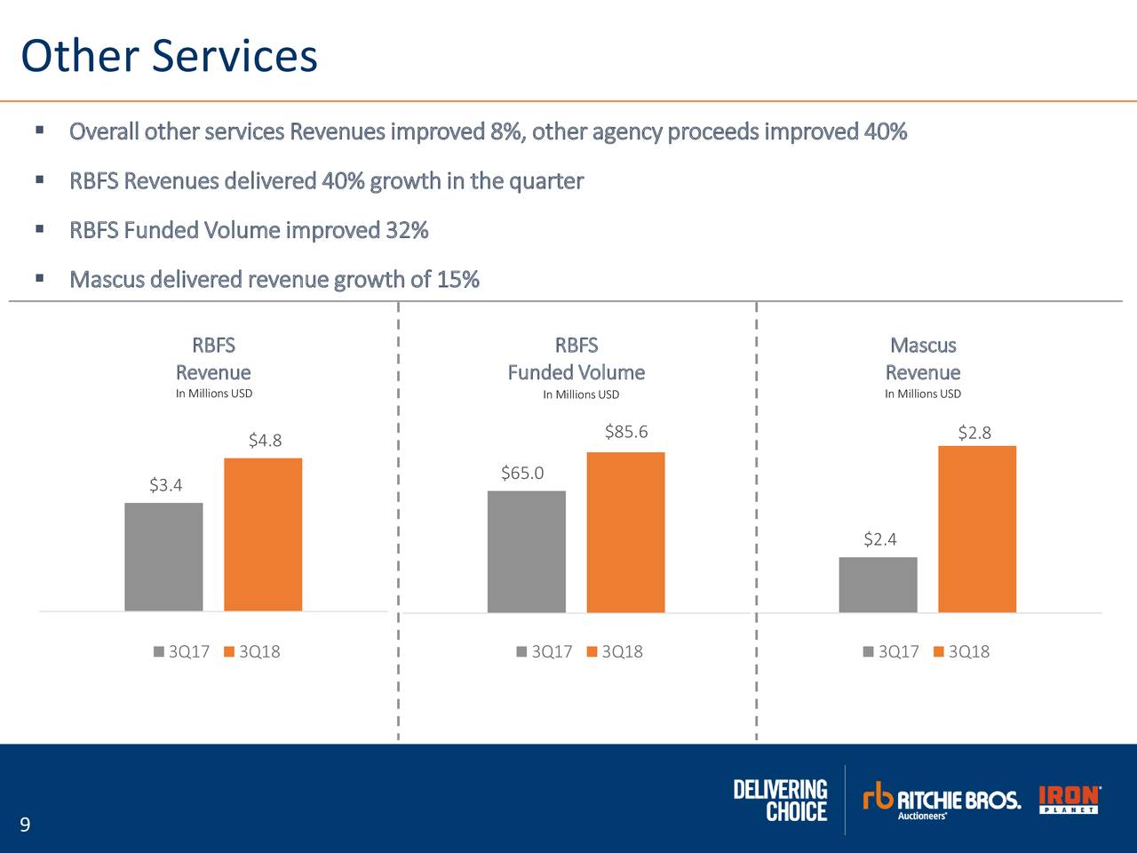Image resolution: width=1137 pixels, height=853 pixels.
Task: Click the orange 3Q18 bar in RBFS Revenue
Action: [263, 534]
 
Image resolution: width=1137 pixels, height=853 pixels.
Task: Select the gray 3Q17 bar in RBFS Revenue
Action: [163, 557]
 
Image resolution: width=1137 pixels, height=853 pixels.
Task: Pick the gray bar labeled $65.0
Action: [526, 551]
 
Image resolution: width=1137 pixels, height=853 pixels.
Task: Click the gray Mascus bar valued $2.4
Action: [878, 585]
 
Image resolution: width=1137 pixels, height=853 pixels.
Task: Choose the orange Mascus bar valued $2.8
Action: [977, 529]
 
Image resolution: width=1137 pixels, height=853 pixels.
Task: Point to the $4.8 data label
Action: [265, 441]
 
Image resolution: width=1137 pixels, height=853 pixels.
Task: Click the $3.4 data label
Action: [165, 485]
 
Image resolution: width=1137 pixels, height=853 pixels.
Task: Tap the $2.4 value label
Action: [879, 539]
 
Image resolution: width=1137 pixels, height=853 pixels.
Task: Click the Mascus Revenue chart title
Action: [923, 359]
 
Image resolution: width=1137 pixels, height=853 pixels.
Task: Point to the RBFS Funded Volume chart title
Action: [576, 359]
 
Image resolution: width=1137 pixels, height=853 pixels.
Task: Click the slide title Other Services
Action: [169, 55]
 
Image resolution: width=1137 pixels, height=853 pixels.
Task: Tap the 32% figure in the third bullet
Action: [407, 230]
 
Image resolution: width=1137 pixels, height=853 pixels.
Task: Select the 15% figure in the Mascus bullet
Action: [457, 280]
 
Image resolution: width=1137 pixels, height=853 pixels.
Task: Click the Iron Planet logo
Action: [1069, 800]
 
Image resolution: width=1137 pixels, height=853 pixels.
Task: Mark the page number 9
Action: [25, 825]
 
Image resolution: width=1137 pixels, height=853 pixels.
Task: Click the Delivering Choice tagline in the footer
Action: [781, 800]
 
